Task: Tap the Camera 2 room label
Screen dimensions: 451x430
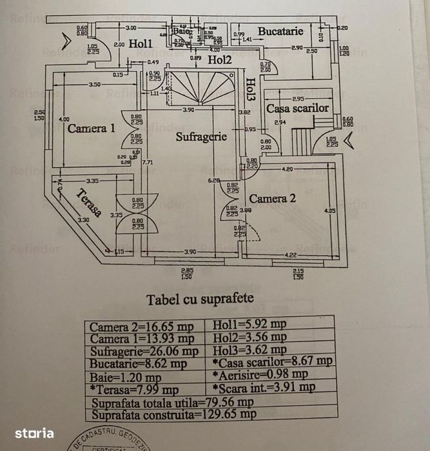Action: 273,199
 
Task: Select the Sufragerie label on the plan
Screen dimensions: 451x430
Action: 202,137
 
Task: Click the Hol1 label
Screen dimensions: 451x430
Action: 140,44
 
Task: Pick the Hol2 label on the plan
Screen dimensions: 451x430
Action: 219,60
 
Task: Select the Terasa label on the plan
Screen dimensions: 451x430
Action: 88,203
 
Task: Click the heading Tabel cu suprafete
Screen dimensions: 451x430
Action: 200,299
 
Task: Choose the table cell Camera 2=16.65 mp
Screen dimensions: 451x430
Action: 142,326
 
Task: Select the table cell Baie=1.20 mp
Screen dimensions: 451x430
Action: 126,377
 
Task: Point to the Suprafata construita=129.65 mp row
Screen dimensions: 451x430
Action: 172,414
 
